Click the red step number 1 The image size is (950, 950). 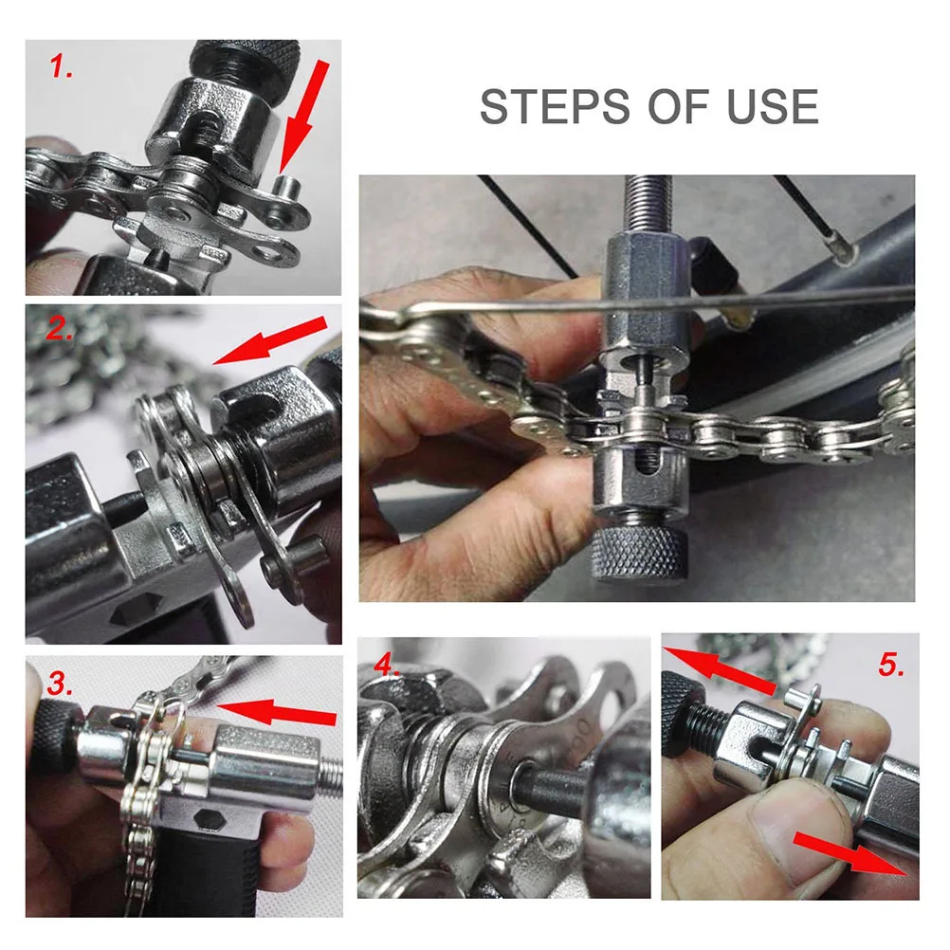click(62, 67)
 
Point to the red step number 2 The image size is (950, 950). click(61, 329)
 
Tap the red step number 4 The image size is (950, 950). click(386, 664)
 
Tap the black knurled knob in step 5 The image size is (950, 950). click(681, 712)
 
